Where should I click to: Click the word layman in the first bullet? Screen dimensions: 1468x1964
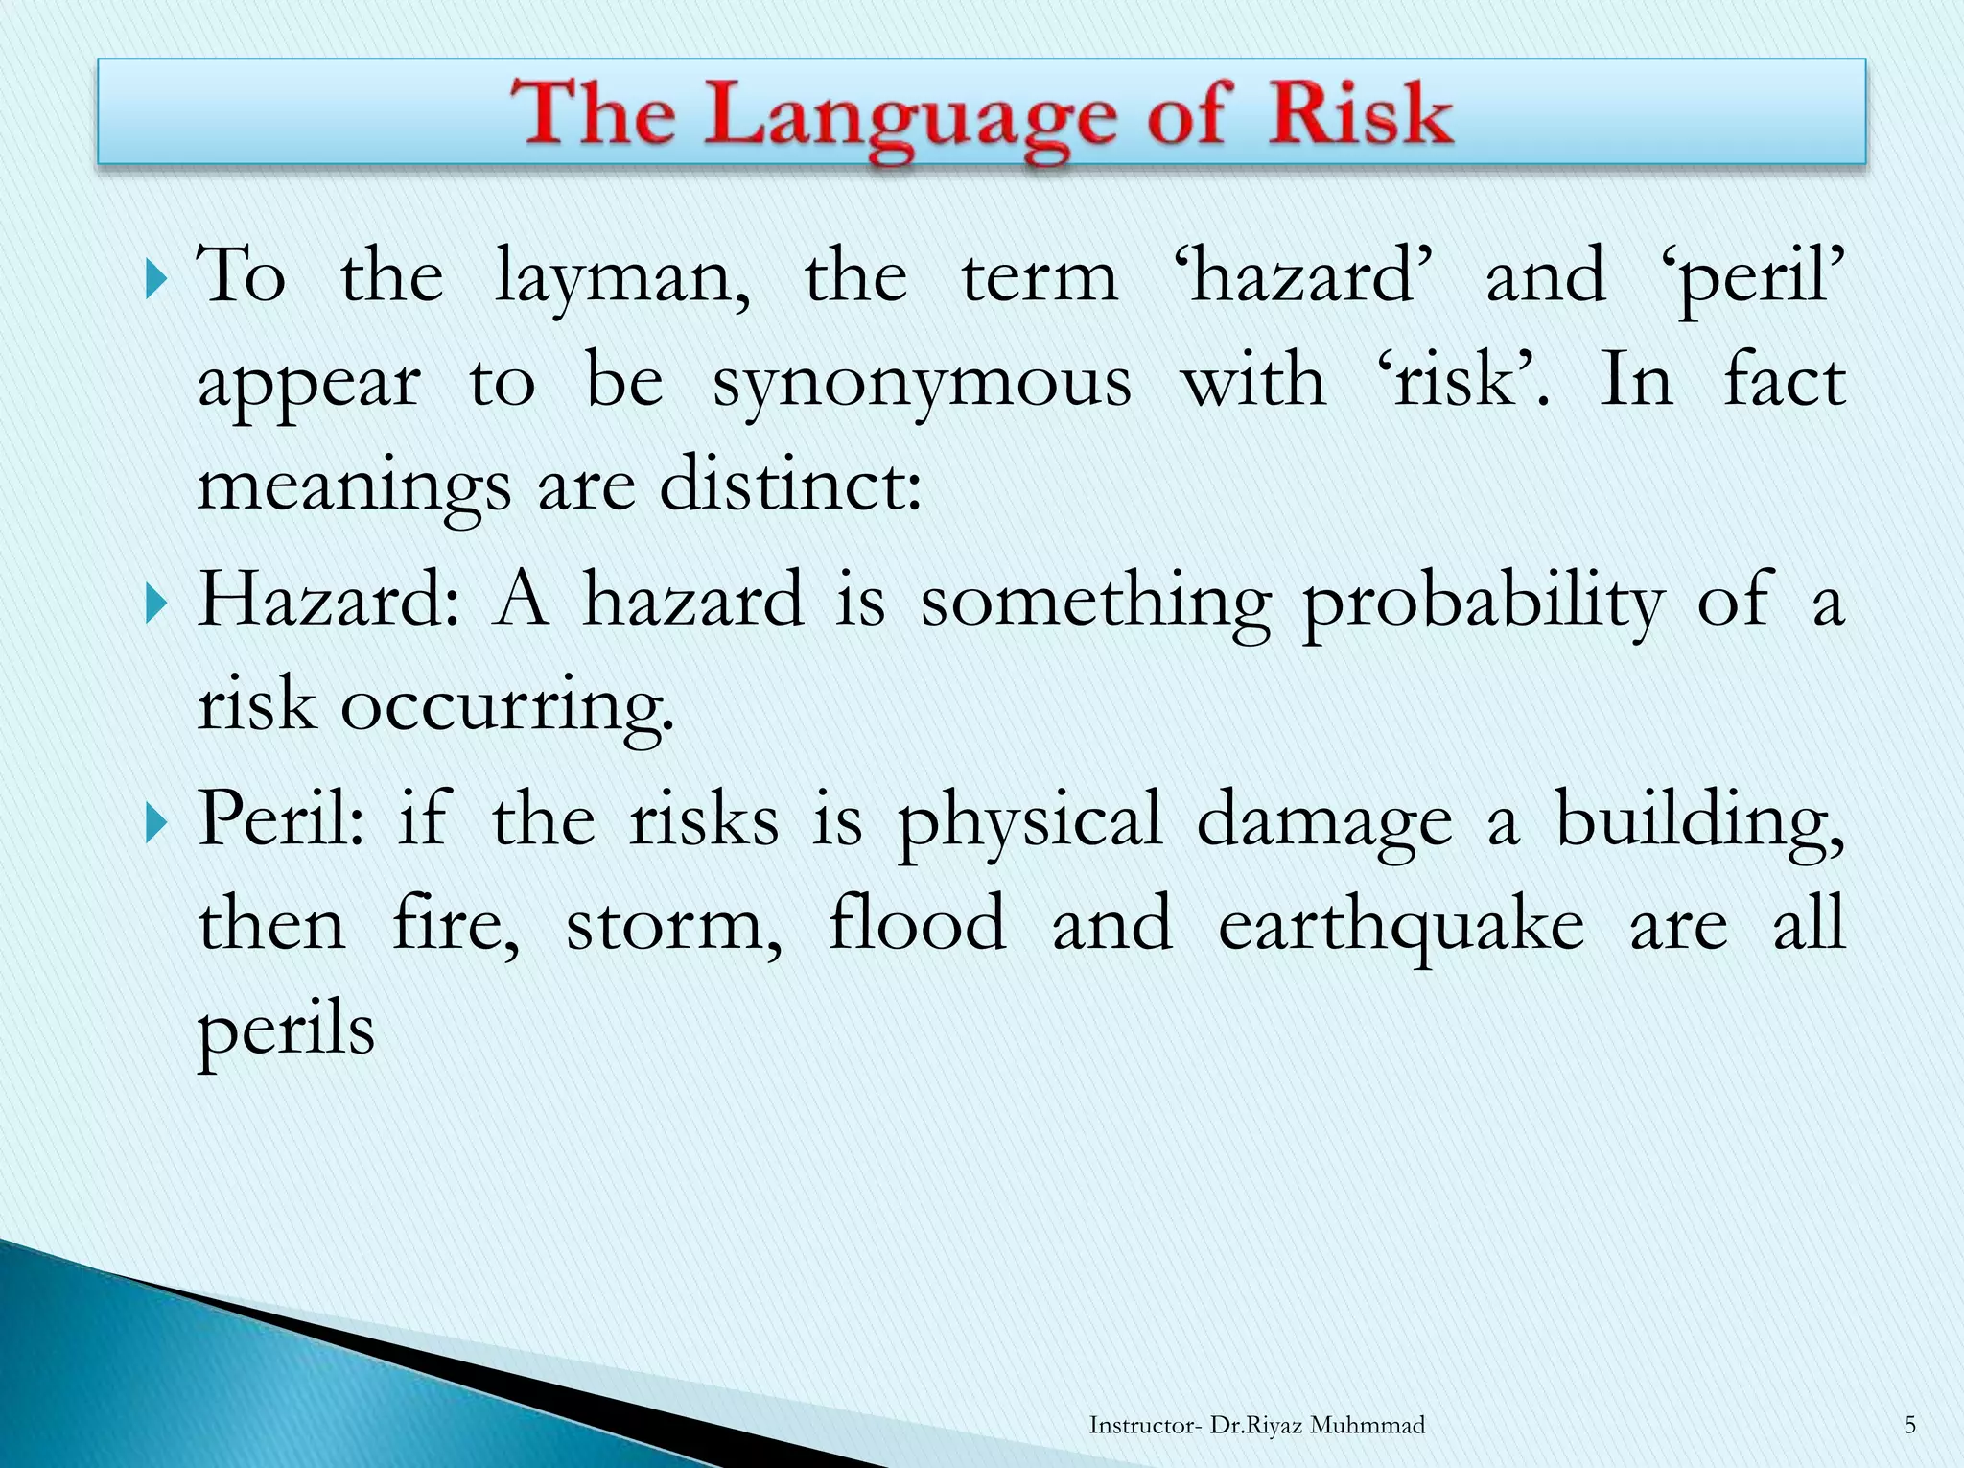[x=621, y=278]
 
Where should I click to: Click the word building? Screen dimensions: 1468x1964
[x=1698, y=820]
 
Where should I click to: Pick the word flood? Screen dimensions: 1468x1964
[x=917, y=923]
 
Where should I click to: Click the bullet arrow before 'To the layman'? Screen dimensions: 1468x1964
[x=157, y=281]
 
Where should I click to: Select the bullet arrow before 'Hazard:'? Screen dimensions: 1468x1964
[x=157, y=604]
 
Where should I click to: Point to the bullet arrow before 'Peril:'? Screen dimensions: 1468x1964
[x=157, y=823]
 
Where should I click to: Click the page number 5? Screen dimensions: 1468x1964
[x=1909, y=1425]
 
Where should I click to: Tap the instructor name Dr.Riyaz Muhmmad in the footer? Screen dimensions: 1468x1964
[x=1318, y=1425]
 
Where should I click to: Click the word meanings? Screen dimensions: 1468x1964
[x=354, y=487]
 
